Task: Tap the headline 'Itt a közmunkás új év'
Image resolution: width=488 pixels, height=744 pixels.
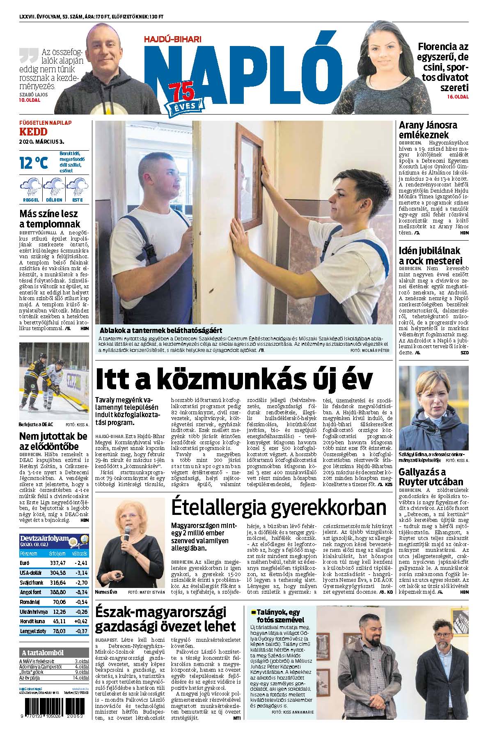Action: point(234,379)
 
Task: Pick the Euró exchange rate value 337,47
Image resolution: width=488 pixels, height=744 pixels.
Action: point(57,563)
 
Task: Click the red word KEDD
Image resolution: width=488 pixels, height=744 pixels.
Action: point(33,132)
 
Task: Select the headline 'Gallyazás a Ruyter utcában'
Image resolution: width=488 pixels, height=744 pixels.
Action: point(431,477)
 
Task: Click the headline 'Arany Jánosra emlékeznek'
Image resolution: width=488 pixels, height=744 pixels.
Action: point(428,130)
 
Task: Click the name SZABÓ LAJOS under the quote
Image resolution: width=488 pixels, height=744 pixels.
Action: point(33,94)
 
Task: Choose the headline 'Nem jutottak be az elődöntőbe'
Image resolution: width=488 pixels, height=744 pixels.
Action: point(53,441)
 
